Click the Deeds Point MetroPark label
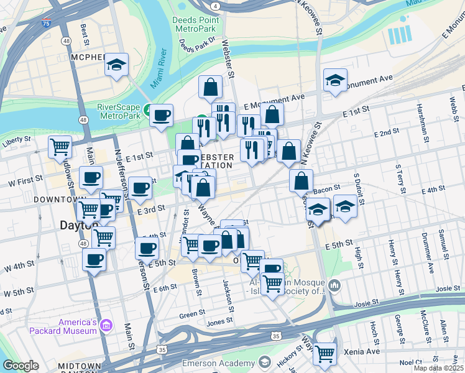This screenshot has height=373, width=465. pos(195,24)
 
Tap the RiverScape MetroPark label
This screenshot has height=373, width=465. pos(119,111)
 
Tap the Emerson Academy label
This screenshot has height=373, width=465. pos(217,363)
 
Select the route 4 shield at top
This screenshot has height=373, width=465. pos(214,6)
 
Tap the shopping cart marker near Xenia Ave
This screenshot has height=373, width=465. pos(325,353)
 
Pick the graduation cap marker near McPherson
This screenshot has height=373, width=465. pos(116,65)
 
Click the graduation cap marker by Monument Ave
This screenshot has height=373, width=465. pos(335,80)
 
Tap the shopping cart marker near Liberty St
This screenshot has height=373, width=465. pos(60,147)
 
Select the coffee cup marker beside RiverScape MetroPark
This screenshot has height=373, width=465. pos(162,114)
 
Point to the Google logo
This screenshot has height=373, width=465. pos(21,366)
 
